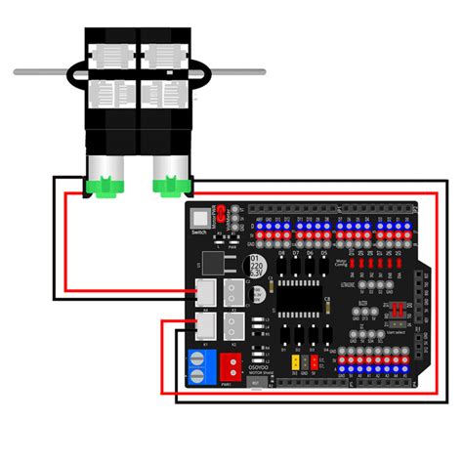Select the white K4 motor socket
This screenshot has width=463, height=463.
pos(206,291)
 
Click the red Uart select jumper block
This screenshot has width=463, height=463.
pos(398,310)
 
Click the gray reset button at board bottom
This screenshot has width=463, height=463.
pos(257,383)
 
